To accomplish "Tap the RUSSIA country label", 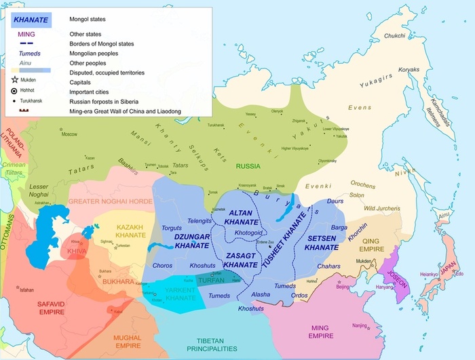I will [248, 165].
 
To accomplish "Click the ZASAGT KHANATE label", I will [241, 259].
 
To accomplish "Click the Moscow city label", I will [69, 134].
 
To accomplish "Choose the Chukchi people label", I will [396, 35].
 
